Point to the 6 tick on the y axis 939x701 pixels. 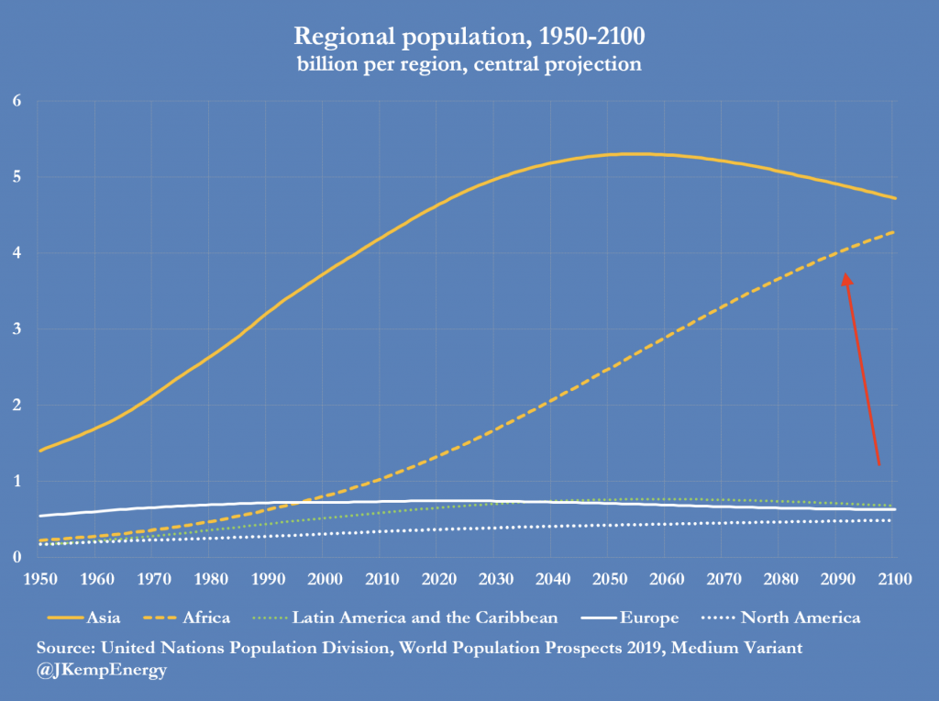16,101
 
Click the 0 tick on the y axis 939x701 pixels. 16,557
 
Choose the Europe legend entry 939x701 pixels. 643,618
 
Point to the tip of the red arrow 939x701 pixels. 845,273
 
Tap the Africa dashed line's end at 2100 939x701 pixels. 894,231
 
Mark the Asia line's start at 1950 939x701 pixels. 39,451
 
